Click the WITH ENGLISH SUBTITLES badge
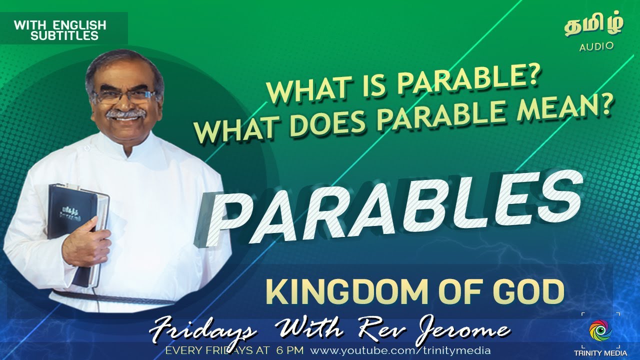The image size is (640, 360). coord(60,29)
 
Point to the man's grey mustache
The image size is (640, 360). coord(125,113)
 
